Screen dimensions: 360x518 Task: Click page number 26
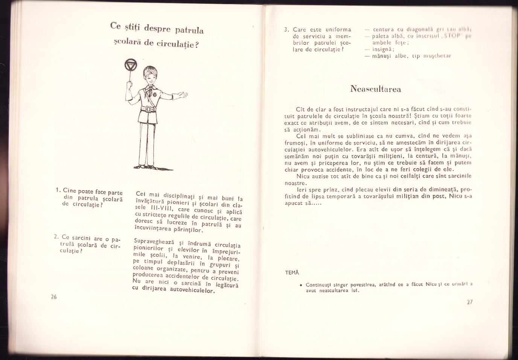click(53, 296)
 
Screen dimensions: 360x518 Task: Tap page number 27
click(469, 302)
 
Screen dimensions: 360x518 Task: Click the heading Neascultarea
click(375, 89)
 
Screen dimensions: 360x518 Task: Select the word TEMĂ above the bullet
click(291, 272)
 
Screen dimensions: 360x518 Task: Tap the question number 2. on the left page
click(56, 237)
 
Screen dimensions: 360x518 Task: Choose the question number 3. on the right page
click(286, 29)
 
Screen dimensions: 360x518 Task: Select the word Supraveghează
click(152, 242)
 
